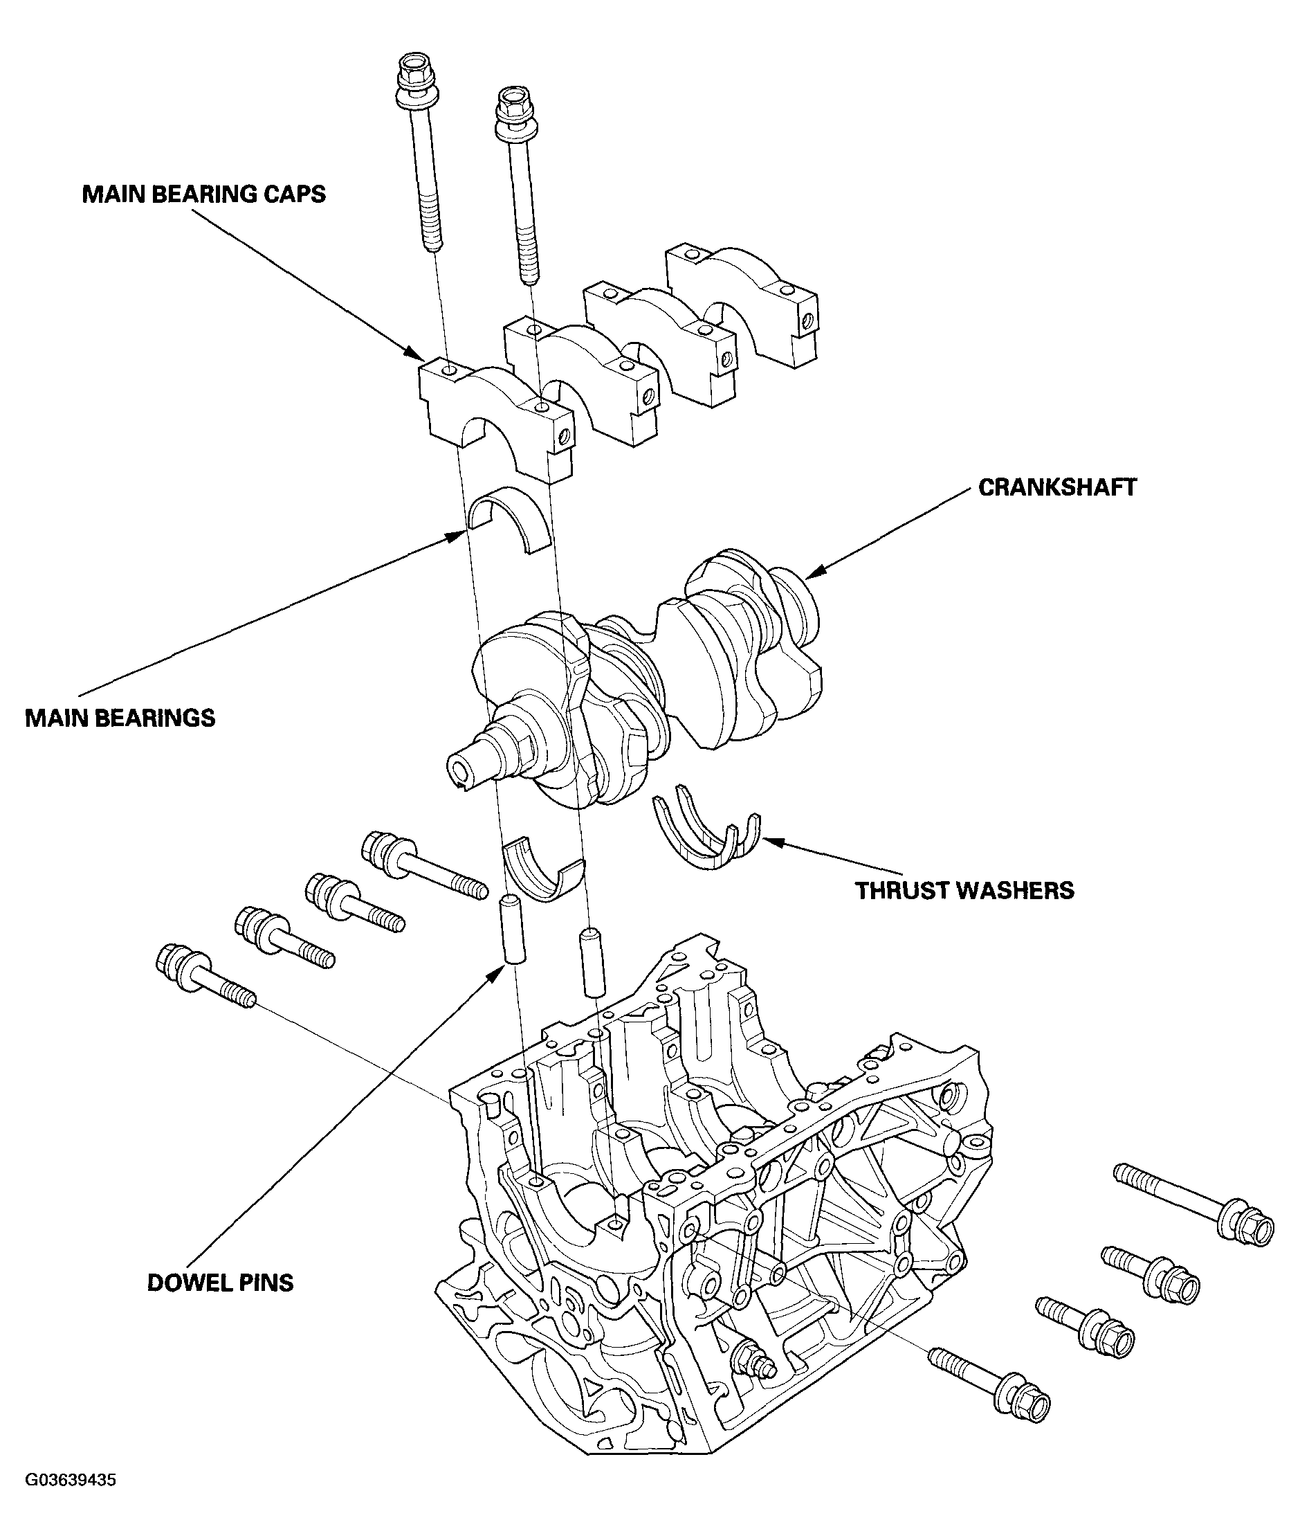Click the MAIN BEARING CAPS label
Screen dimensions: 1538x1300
tap(203, 194)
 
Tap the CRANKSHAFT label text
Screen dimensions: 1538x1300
tap(1056, 487)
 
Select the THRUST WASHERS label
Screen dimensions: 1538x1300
tap(964, 891)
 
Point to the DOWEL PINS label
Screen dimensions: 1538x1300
tap(220, 1283)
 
